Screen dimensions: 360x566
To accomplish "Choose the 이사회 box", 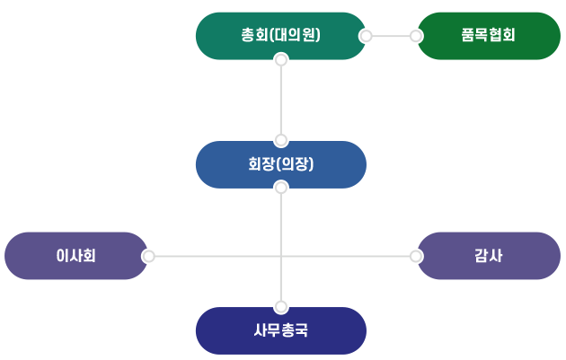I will coord(75,256).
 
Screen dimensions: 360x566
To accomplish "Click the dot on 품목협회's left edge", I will coord(415,36).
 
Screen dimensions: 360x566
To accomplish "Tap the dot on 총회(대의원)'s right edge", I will coord(366,36).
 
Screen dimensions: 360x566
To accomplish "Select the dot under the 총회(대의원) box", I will coord(280,61).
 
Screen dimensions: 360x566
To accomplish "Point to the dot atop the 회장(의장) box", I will coord(280,140).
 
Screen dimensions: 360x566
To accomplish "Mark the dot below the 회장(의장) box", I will coord(280,188).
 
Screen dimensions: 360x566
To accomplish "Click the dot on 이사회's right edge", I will coord(149,256).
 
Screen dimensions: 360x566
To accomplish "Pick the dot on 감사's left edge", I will coord(415,256).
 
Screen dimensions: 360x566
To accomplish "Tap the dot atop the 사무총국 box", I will coord(280,306).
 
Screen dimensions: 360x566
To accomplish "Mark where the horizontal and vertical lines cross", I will coord(280,256).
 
